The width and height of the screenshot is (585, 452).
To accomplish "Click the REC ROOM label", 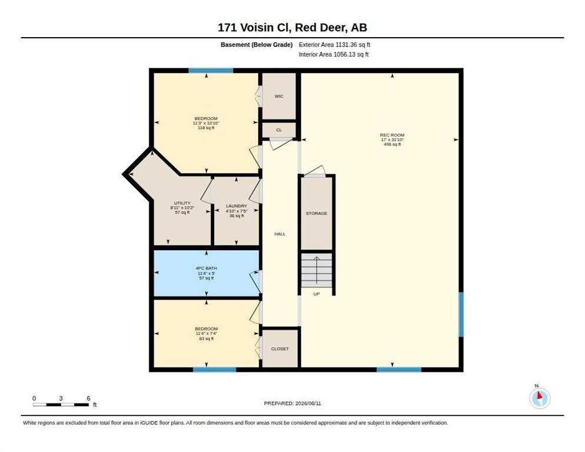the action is click(392, 135).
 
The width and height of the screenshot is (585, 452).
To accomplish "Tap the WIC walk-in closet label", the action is click(279, 97).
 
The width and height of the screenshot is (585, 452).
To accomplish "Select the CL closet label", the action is click(279, 130).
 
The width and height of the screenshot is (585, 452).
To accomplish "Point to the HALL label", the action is click(280, 234).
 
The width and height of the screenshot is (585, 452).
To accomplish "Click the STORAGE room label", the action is click(317, 214).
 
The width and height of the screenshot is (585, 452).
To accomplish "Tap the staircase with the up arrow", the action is click(317, 270).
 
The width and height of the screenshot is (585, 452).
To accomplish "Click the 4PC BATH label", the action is click(207, 268).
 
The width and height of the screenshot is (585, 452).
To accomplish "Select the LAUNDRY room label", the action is click(236, 206).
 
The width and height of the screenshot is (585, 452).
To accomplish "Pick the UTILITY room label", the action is click(182, 203).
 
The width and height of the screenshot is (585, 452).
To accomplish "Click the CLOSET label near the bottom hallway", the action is click(280, 348).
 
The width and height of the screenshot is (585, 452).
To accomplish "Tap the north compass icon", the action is click(540, 398).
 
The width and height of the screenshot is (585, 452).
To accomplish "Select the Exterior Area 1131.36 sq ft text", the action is click(334, 44).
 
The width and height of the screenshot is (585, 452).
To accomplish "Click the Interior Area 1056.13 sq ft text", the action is click(334, 55).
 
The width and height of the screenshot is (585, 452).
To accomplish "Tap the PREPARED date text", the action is click(292, 404).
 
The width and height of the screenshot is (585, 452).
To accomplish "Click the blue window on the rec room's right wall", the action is click(461, 314).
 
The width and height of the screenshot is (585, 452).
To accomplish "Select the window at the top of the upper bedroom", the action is click(211, 71).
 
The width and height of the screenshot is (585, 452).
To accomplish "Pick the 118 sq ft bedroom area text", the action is click(206, 128).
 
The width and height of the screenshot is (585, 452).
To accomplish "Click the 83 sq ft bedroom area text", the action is click(207, 339).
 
